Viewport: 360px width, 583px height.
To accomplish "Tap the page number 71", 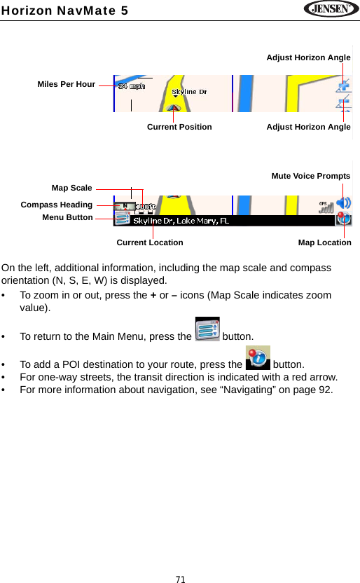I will click(180, 579).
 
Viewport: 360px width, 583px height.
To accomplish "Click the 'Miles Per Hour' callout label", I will click(67, 84).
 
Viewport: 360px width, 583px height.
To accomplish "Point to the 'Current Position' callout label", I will click(179, 127).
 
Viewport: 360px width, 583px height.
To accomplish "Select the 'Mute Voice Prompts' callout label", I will click(311, 176).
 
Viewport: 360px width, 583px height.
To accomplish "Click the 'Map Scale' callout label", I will click(71, 188).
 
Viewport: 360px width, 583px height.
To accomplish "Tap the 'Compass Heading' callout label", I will click(57, 205).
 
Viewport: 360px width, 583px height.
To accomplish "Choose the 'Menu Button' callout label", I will click(67, 217).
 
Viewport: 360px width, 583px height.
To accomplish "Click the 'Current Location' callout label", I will click(150, 242).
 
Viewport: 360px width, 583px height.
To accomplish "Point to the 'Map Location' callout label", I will click(325, 242).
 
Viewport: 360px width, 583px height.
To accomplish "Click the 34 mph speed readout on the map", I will click(132, 87).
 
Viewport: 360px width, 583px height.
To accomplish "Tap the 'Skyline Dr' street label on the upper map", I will click(189, 92).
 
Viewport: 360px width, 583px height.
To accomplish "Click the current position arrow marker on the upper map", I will click(173, 107).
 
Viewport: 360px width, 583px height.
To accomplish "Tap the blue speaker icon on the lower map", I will click(344, 203).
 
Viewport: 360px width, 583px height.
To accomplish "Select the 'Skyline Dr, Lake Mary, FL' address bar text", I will click(181, 221).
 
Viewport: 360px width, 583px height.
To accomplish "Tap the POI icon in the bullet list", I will click(258, 357).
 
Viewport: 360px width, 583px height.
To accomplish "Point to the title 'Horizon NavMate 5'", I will click(64, 9).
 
